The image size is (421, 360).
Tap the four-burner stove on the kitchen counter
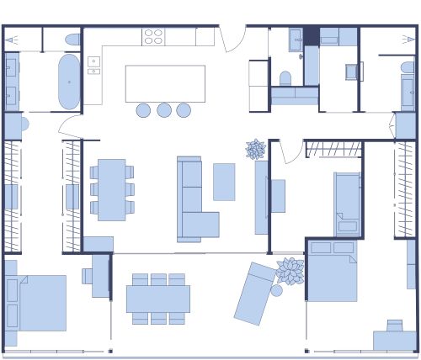153,37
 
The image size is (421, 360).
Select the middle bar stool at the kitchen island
163,110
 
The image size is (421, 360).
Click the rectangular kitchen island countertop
165,83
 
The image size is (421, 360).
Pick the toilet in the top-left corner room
72,40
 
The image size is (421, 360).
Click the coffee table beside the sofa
224,182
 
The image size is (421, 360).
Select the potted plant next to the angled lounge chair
290,271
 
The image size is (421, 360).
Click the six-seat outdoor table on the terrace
158,299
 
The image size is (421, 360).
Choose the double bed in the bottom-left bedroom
37,302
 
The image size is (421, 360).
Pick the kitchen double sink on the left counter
93,66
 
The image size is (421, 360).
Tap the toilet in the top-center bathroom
285,79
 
